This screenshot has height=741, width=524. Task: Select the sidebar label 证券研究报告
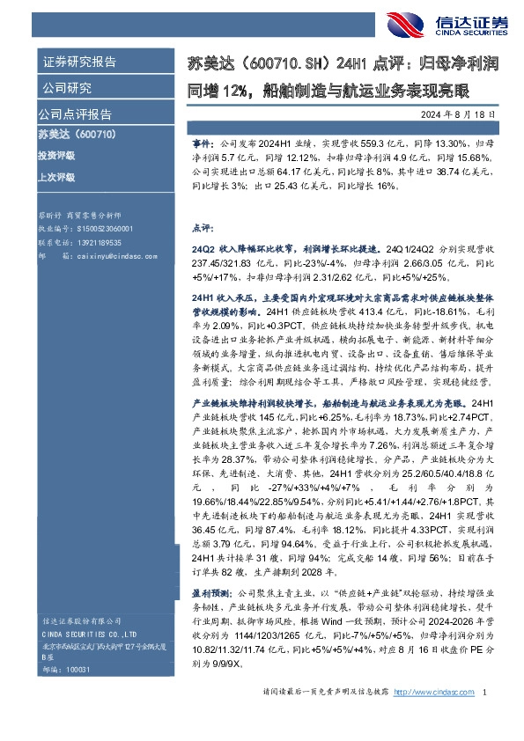79,62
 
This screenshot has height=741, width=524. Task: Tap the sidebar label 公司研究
67,88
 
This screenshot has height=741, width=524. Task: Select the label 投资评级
56,155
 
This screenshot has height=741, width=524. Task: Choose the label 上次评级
56,177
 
